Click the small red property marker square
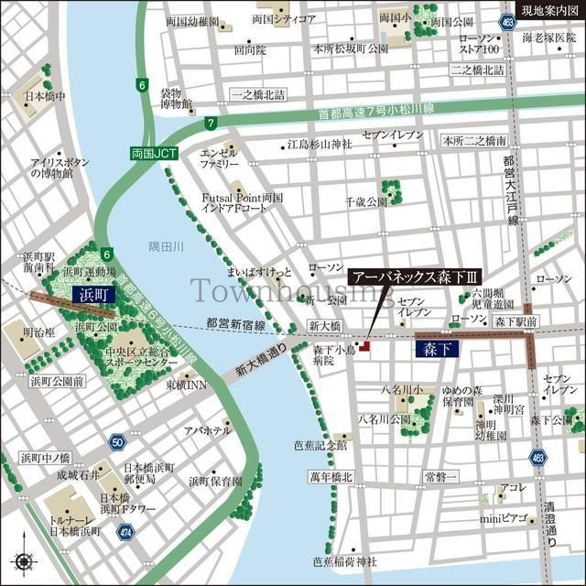coord(364,346)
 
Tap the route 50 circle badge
coord(116,442)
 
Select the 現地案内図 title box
coord(550,10)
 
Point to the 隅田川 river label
coord(167,246)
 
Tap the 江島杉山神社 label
coord(320,145)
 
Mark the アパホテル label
coord(207,430)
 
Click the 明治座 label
coord(36,331)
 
